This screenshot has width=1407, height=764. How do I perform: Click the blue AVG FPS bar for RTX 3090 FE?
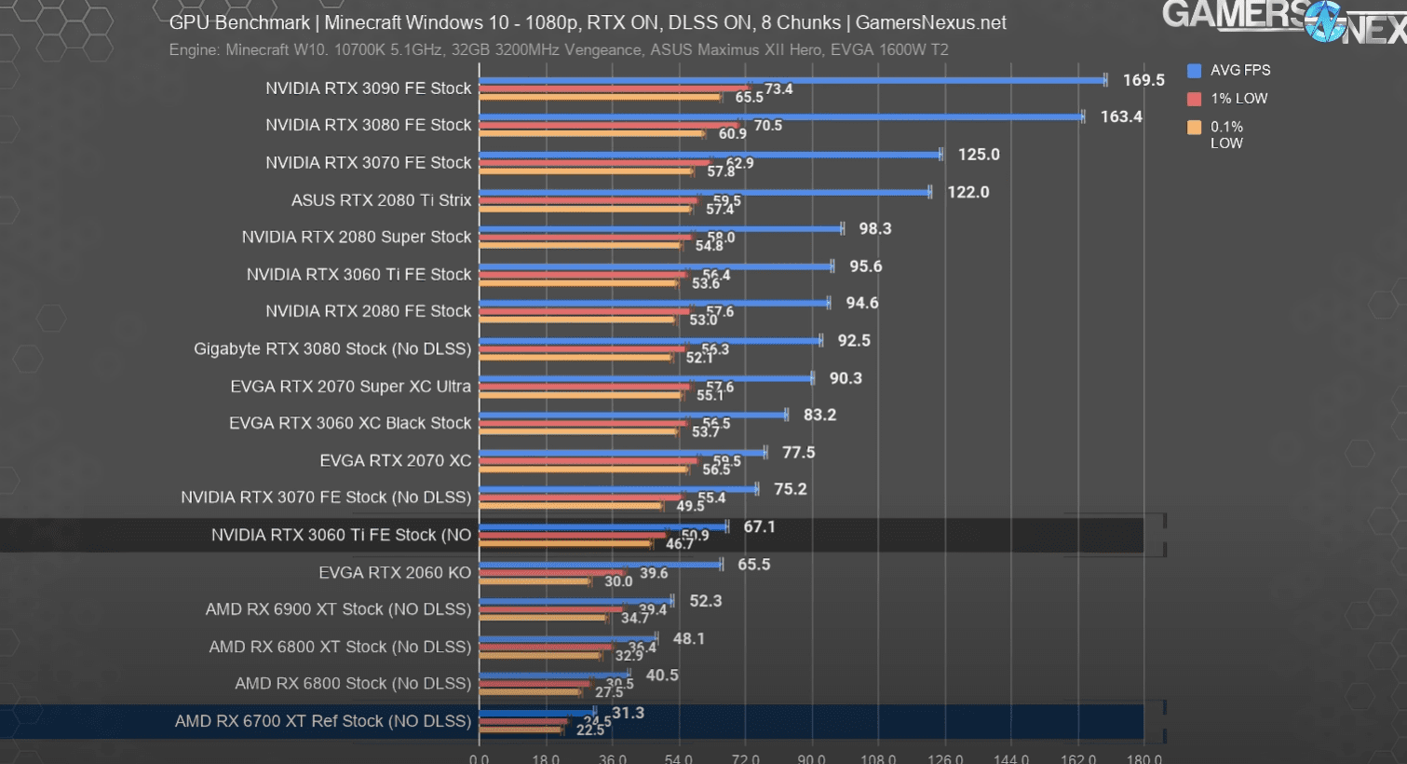click(x=791, y=80)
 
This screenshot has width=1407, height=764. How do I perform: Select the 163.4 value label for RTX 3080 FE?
click(x=1121, y=116)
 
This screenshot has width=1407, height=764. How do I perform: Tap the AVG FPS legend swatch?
click(x=1195, y=71)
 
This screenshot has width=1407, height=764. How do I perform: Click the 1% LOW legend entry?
click(x=1238, y=99)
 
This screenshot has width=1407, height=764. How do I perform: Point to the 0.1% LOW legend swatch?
click(x=1195, y=128)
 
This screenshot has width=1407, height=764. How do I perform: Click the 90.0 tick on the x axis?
click(x=811, y=758)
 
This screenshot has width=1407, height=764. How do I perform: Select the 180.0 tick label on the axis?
click(x=1143, y=758)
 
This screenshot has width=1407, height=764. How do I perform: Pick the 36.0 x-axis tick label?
click(x=612, y=758)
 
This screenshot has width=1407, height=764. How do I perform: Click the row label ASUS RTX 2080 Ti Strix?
click(x=381, y=200)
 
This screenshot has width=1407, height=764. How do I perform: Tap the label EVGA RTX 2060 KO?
click(x=395, y=572)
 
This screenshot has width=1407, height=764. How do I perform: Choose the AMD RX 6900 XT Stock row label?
click(x=338, y=609)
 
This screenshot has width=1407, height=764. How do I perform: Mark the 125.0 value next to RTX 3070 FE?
click(x=979, y=155)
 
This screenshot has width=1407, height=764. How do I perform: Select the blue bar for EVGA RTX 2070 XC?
click(x=622, y=452)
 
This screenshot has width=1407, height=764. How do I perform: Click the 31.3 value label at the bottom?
click(x=628, y=713)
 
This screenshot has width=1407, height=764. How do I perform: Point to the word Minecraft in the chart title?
click(x=369, y=22)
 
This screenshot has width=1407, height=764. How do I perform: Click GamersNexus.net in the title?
click(x=930, y=22)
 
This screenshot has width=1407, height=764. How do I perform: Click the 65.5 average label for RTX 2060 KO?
click(x=753, y=565)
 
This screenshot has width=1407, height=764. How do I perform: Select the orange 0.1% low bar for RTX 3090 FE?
click(x=600, y=96)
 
